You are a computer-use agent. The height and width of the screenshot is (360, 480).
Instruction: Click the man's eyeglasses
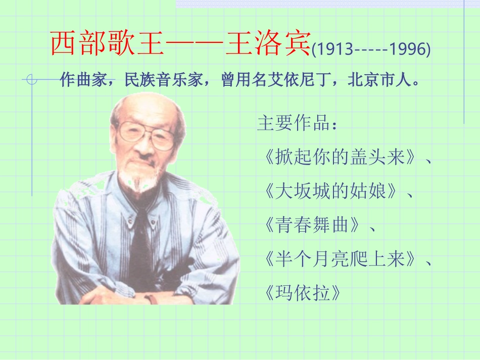146,134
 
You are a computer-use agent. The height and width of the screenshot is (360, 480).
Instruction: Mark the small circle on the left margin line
32,79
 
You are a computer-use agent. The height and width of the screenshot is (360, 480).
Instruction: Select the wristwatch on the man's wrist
150,298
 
